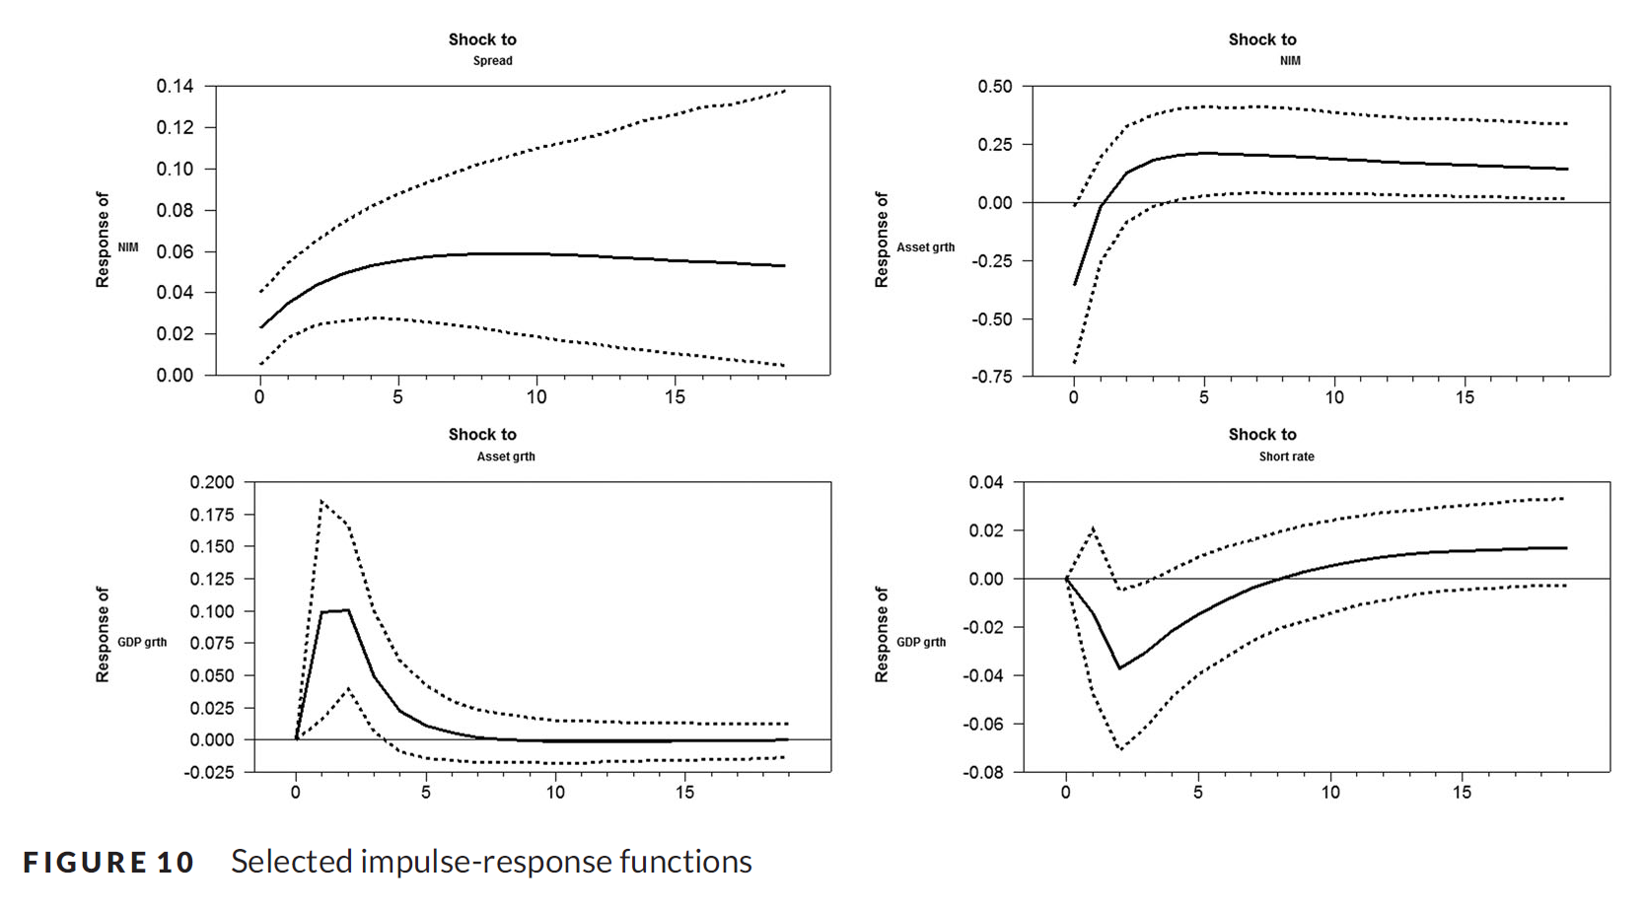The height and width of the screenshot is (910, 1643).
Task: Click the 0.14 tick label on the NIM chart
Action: [x=175, y=87]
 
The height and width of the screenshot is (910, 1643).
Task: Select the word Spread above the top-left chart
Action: [x=492, y=61]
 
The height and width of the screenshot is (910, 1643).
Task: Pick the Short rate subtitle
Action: [x=1286, y=456]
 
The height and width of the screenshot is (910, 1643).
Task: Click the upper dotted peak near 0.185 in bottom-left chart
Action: [x=321, y=502]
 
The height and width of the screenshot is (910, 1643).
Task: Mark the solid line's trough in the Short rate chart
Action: [x=1119, y=668]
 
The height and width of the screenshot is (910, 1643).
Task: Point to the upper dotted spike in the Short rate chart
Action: [x=1094, y=529]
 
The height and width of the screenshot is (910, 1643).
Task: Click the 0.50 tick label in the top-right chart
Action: [x=994, y=87]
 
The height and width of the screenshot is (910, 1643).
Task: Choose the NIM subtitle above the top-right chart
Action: [x=1290, y=61]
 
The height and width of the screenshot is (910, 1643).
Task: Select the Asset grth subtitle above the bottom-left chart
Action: [x=506, y=456]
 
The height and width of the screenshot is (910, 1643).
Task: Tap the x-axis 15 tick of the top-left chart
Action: [x=675, y=397]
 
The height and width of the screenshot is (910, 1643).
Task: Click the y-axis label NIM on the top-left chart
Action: [x=128, y=247]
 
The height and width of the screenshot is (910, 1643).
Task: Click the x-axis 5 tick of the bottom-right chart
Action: [x=1197, y=793]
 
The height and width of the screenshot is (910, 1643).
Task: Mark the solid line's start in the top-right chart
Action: [x=1075, y=285]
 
